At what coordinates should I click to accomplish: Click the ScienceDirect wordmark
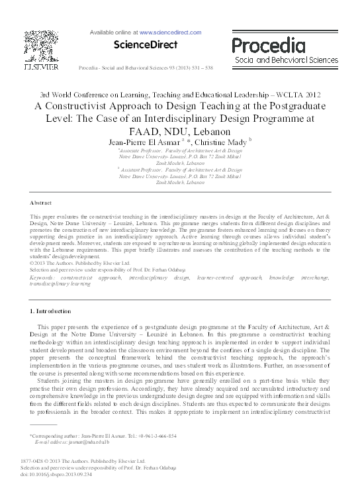(x=146, y=45)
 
